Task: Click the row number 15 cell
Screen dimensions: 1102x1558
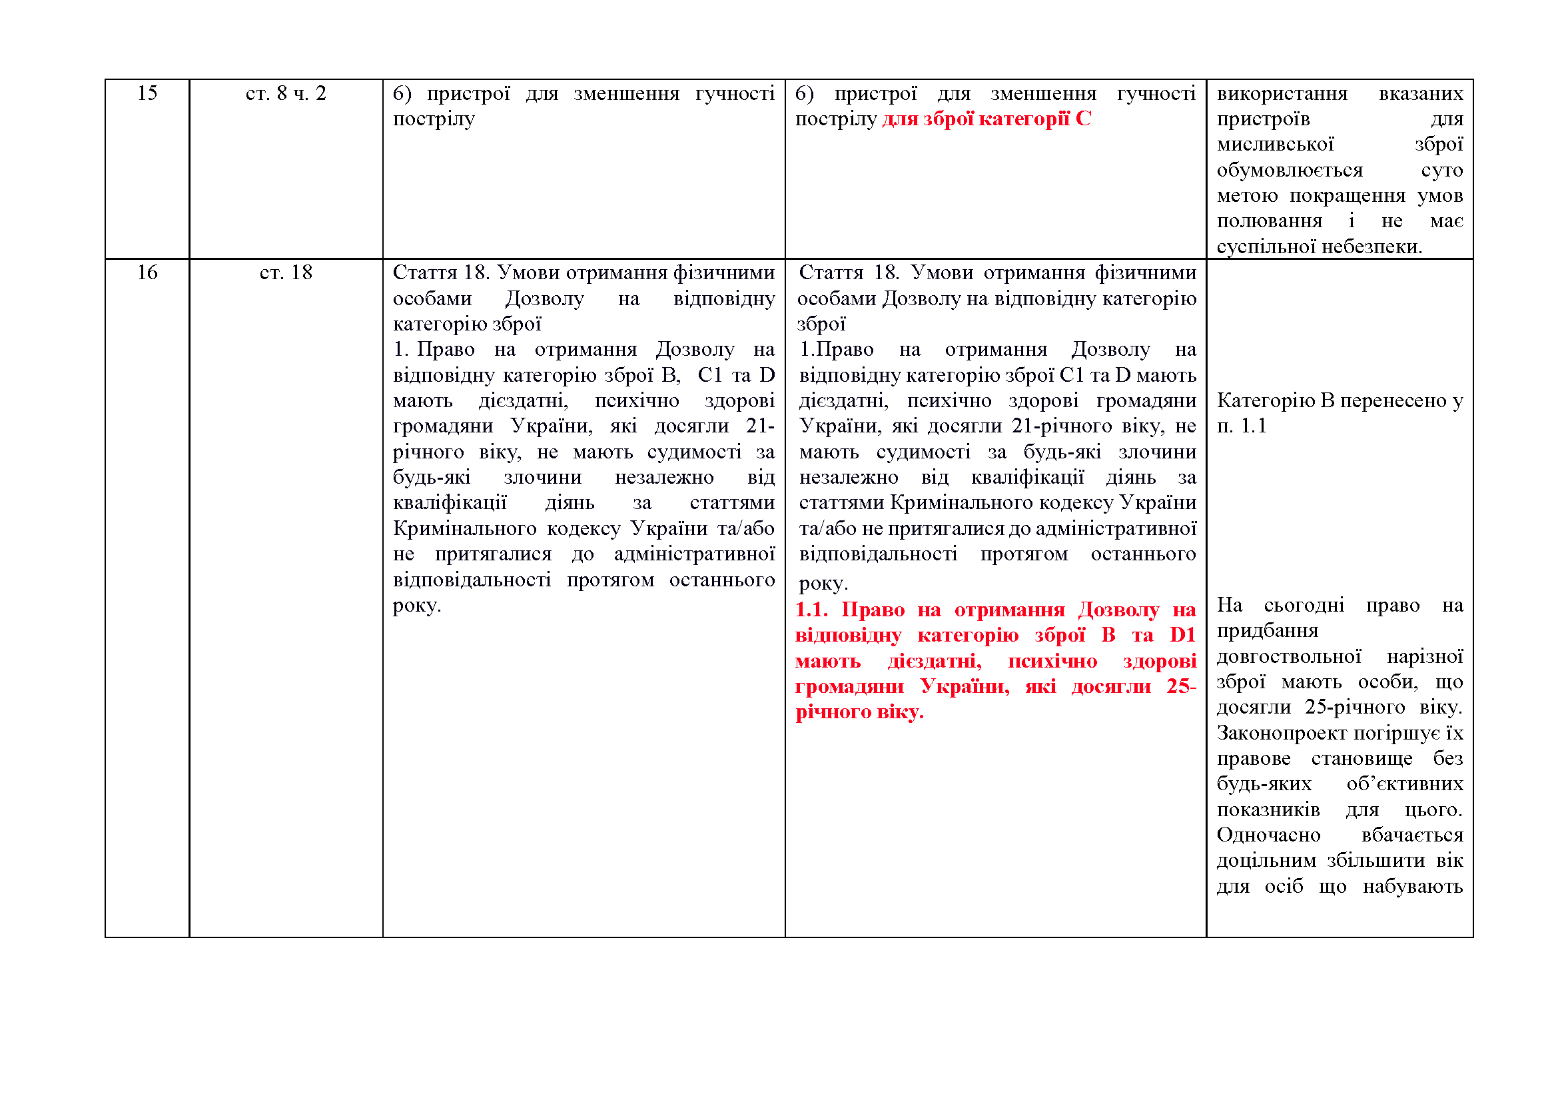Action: [147, 93]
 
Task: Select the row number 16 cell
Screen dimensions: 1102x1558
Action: [147, 273]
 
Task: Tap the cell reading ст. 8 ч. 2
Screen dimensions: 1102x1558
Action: [286, 93]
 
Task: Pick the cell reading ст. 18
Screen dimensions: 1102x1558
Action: [286, 273]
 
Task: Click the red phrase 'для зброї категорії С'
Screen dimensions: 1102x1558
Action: [986, 119]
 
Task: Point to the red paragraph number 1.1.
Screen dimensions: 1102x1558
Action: [811, 610]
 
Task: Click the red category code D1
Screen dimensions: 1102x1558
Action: [1182, 635]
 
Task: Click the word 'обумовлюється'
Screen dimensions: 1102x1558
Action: [1290, 171]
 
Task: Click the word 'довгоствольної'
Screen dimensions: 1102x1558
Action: [1289, 657]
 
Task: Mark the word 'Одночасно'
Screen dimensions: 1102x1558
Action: [1268, 835]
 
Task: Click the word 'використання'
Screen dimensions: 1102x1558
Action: [1282, 93]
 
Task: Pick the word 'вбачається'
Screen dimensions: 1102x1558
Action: [1412, 835]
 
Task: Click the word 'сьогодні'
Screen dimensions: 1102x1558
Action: [1304, 605]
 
